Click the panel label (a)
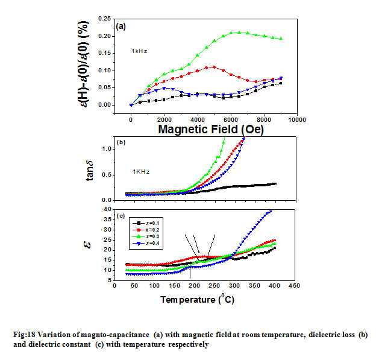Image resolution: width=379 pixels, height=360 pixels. pos(121,27)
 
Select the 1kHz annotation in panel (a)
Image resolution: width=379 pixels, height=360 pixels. pos(140,51)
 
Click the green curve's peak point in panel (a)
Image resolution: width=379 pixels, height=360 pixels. pos(239,33)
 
